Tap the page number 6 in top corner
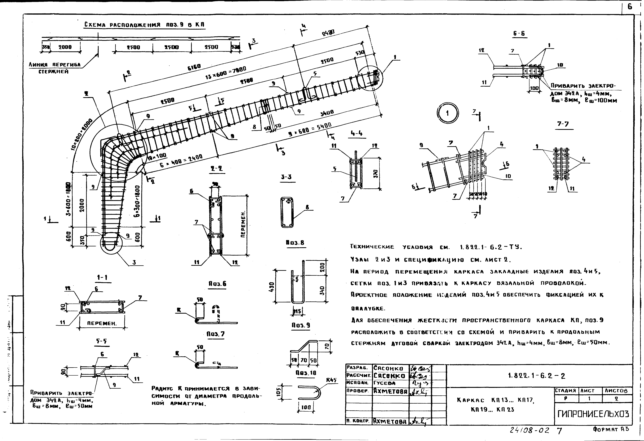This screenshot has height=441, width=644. (630, 7)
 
